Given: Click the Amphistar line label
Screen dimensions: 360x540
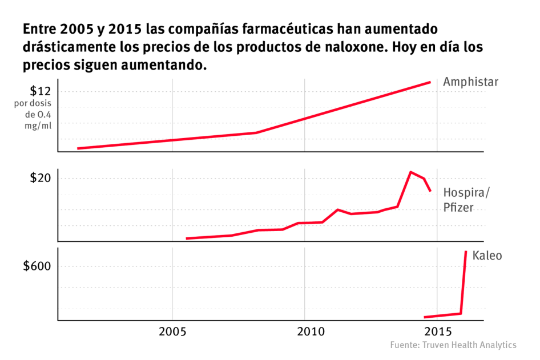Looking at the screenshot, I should (x=470, y=82).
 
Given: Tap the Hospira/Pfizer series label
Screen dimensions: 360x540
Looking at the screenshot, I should (x=466, y=200).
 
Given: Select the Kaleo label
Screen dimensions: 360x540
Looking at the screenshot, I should (x=487, y=256).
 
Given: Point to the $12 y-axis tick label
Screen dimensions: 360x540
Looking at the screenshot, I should (x=41, y=91).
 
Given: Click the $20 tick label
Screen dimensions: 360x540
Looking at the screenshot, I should (x=40, y=178).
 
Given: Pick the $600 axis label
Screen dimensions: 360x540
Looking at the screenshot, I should (x=36, y=266).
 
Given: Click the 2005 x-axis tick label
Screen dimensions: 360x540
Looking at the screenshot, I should (x=172, y=331).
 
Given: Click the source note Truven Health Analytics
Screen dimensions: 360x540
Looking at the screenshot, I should (x=453, y=345).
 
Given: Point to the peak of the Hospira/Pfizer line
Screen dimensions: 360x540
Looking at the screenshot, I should (x=410, y=172).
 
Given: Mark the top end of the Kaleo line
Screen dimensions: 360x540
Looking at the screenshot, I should (x=466, y=252).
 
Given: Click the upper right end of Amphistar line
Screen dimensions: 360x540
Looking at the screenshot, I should (x=429, y=82).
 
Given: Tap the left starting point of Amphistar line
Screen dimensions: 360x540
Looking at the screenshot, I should (x=78, y=148).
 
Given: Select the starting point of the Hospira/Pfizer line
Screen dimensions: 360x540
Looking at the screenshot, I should (x=187, y=238).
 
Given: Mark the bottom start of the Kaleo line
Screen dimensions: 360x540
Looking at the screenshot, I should (x=425, y=317).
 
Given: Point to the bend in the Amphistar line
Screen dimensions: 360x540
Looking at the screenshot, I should (x=256, y=132).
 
